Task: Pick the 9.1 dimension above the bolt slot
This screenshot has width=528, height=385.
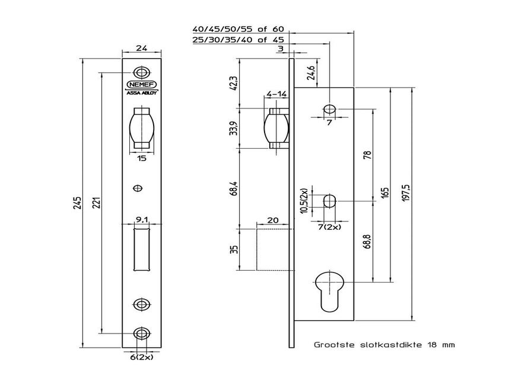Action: [141, 220]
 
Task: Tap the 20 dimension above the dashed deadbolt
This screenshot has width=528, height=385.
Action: [272, 220]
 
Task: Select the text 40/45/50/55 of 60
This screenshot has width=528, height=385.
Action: [239, 28]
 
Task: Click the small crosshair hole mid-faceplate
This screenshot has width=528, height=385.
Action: [138, 188]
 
